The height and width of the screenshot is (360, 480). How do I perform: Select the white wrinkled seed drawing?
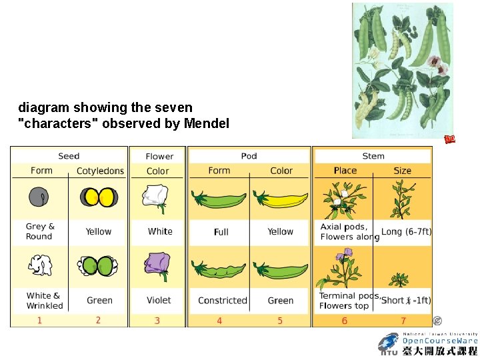(39, 265)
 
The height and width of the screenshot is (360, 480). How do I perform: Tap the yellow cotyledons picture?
(99, 197)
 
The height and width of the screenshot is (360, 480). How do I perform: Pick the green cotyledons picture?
(99, 266)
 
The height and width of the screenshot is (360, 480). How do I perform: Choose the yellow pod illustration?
(281, 199)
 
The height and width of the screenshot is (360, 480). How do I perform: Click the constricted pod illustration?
(218, 270)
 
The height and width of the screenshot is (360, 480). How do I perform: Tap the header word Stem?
(373, 156)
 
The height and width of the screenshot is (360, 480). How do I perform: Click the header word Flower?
(159, 156)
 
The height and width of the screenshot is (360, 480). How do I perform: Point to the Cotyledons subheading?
(100, 171)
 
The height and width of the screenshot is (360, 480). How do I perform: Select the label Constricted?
(223, 301)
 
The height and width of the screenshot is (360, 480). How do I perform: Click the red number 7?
(403, 321)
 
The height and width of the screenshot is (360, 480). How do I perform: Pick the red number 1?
(39, 321)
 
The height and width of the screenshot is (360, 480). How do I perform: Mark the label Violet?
(159, 301)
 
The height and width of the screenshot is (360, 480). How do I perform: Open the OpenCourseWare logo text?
(439, 341)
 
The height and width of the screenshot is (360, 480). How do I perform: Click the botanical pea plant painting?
(403, 70)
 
